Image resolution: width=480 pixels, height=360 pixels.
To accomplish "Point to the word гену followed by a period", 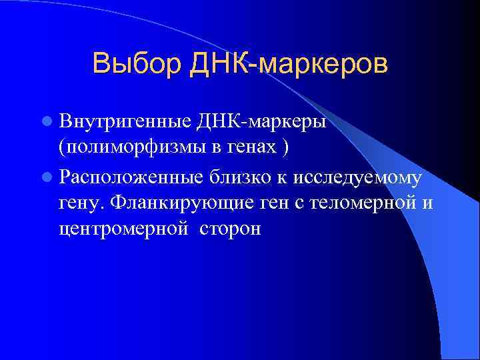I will (x=81, y=203).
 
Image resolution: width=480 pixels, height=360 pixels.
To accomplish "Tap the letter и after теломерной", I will (x=427, y=203).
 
